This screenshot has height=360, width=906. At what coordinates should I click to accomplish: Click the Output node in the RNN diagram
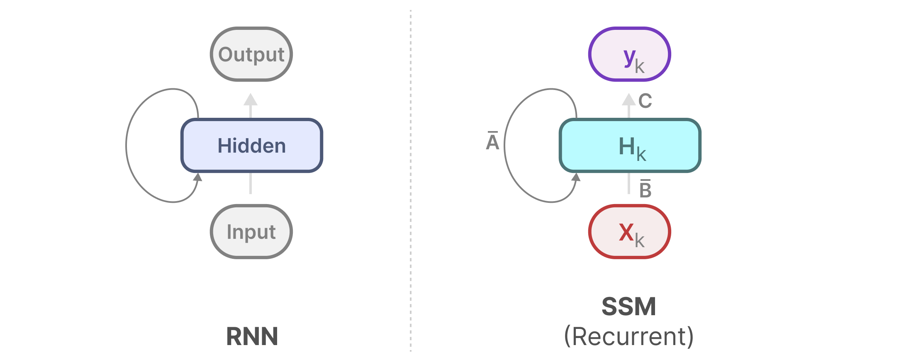coord(251,54)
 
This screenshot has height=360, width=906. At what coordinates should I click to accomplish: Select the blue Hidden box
coord(251,146)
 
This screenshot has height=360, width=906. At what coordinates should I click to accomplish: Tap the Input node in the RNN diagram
coord(251,231)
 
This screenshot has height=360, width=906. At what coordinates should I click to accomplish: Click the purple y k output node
coord(630,54)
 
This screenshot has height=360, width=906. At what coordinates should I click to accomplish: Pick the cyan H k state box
coord(630,146)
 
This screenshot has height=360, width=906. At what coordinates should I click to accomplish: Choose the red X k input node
coord(630,231)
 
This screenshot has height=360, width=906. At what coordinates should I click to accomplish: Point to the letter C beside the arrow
coord(645,101)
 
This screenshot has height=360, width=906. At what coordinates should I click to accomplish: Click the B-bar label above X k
coord(645,189)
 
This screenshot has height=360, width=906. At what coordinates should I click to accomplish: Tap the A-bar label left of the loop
coord(492,141)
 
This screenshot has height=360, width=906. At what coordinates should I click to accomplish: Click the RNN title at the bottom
coord(252,336)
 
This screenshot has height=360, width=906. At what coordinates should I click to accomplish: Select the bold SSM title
coord(629,307)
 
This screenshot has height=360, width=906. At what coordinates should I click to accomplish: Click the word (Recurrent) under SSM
coord(629,336)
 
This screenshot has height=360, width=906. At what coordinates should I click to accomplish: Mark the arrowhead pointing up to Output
coord(251,100)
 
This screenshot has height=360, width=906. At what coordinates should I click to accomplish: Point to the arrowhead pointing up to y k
coord(629,100)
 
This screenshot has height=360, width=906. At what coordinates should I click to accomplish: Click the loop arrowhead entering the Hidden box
coord(198,178)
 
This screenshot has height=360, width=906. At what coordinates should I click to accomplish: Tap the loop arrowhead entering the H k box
coord(576,178)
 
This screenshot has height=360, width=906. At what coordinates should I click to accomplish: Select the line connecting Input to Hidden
coord(251,183)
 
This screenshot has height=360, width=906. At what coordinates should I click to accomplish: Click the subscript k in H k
coord(641,155)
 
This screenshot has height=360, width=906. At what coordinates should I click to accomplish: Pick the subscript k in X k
coord(640,241)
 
